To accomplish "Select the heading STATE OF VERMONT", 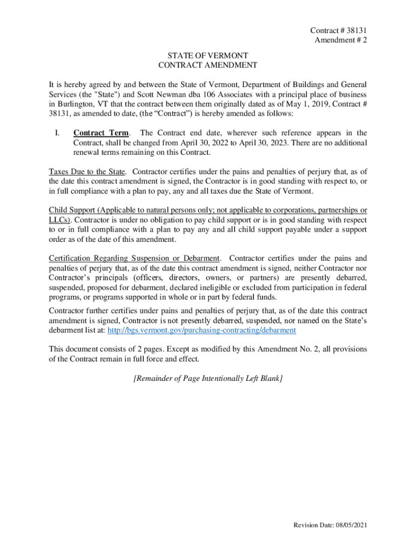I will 207,55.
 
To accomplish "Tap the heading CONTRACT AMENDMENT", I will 207,65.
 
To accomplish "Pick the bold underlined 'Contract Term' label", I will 101,133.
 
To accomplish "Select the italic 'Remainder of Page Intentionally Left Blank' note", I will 207,378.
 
